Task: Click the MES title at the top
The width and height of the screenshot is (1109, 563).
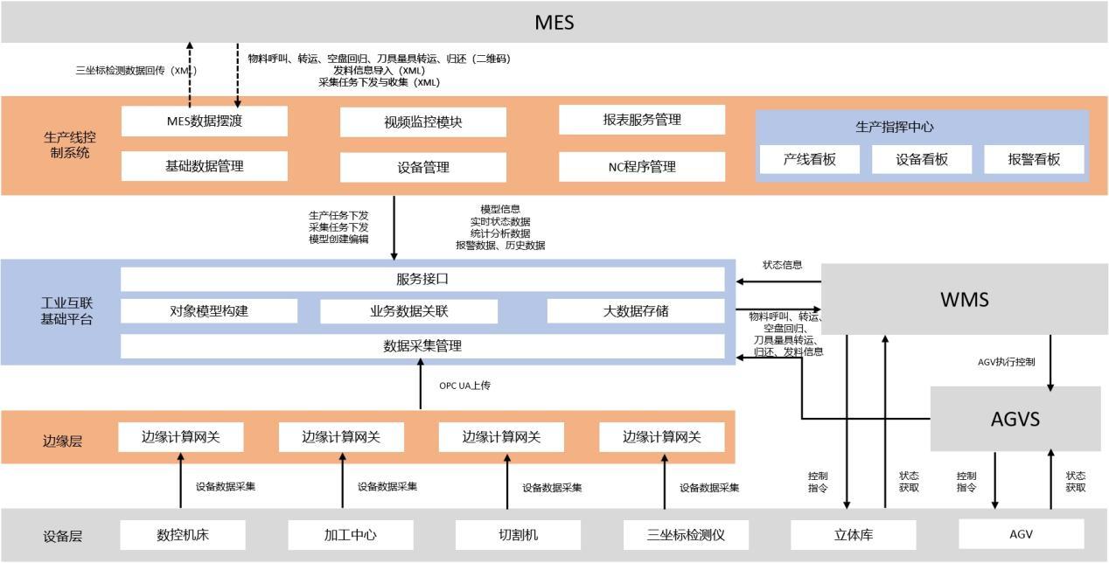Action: coord(554,22)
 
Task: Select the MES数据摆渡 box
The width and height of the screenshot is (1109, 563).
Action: coord(204,122)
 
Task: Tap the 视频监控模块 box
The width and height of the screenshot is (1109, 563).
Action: coord(422,122)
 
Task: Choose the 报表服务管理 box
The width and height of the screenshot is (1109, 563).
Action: coord(642,120)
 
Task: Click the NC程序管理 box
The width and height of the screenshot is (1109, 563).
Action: coord(642,166)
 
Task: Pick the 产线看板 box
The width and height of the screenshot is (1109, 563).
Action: coord(809,159)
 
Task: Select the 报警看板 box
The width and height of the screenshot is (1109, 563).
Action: coord(1034,159)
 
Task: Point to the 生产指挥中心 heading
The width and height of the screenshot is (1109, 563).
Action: coord(894,127)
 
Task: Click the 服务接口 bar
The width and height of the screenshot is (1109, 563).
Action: coord(422,280)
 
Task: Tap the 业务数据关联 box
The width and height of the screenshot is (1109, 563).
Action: coord(408,311)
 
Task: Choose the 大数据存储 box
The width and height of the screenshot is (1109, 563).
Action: coord(636,311)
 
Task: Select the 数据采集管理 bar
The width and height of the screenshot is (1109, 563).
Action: coord(422,346)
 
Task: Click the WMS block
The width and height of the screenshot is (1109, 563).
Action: coord(965,300)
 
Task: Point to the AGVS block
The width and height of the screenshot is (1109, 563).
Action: coord(1015,419)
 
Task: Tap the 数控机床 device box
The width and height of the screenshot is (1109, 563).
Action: coord(183,534)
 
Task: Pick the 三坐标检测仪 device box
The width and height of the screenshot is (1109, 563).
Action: coord(686,534)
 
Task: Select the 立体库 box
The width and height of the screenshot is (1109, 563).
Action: coord(853,534)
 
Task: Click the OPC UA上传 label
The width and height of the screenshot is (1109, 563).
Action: coord(464,385)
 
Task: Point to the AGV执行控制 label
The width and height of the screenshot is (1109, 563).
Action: coord(1007,361)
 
